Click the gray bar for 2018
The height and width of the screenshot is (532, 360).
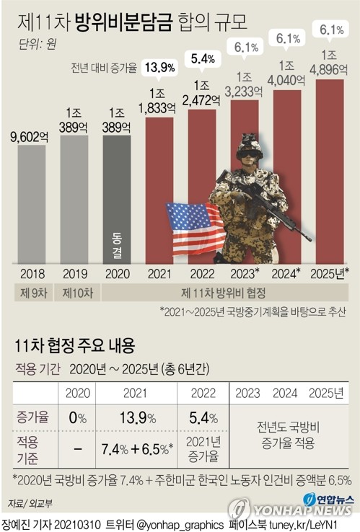coord(31,209)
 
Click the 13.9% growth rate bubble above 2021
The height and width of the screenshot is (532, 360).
coord(160,68)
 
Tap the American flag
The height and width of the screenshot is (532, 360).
coord(194,228)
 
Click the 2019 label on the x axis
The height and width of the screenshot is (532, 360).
coord(74,275)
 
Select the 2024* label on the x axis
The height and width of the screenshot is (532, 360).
coord(287,275)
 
